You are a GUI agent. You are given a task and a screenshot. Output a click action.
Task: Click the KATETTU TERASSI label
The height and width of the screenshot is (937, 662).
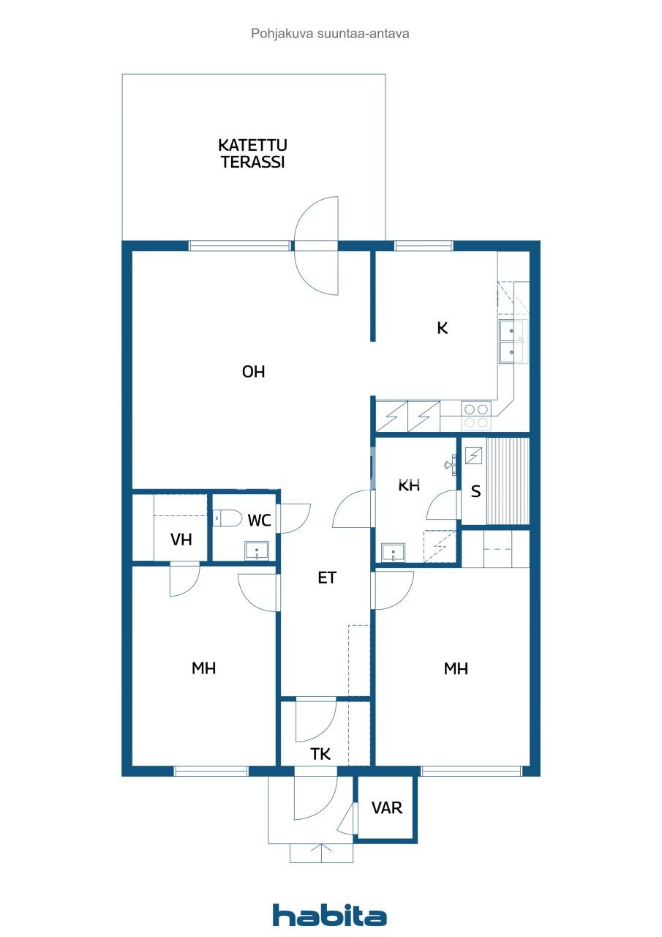click(x=252, y=154)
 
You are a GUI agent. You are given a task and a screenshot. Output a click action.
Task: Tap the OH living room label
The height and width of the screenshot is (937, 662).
click(x=253, y=372)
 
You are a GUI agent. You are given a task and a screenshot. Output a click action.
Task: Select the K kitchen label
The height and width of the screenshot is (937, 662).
click(x=442, y=328)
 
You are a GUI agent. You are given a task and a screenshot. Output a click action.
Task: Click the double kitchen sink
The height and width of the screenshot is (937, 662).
click(x=511, y=341)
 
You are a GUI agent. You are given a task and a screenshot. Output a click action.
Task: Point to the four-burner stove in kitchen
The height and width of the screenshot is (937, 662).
click(x=476, y=416)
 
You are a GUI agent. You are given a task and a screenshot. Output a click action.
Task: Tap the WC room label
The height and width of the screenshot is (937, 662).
click(x=260, y=520)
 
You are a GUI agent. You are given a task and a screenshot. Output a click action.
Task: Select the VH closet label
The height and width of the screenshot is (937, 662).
click(x=181, y=540)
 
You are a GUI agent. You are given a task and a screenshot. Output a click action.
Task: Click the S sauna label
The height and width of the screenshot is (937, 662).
click(x=475, y=491)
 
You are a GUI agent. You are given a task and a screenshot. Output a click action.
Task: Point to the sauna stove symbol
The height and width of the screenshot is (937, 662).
click(x=474, y=455)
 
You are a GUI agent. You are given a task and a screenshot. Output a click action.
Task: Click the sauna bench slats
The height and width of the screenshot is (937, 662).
click(x=508, y=480)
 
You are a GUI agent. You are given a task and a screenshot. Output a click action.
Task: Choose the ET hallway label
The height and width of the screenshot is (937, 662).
click(x=326, y=578)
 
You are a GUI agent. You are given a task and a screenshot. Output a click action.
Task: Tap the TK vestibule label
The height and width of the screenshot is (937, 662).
click(x=320, y=754)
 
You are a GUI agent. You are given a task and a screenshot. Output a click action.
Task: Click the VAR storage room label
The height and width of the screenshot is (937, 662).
click(x=386, y=808)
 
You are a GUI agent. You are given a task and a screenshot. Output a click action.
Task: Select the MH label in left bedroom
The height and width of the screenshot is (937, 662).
click(x=203, y=668)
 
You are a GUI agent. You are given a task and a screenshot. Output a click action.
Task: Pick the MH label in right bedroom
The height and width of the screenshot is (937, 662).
click(x=456, y=668)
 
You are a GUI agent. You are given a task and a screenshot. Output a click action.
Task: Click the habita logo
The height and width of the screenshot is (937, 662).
click(x=329, y=915)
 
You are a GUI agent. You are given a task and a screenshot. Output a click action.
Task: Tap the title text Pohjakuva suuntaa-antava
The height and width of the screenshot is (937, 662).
click(x=330, y=33)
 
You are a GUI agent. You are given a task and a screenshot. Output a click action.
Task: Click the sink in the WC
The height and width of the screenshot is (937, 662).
click(x=257, y=551)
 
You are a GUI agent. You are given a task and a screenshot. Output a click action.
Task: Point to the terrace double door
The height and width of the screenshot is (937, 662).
click(x=317, y=246)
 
